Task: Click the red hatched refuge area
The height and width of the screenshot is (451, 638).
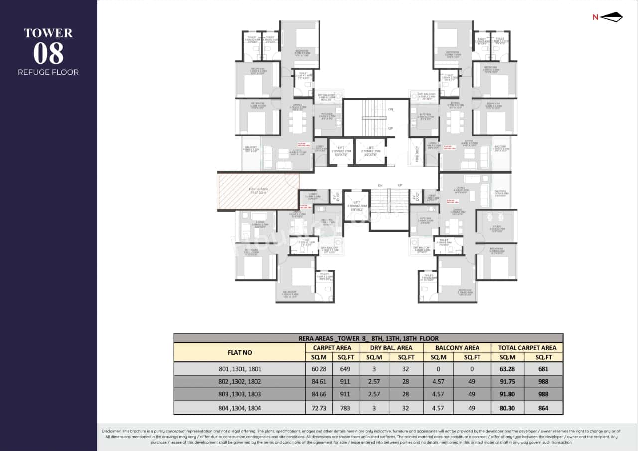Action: tap(259, 191)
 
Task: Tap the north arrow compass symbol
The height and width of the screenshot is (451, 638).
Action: tap(611, 17)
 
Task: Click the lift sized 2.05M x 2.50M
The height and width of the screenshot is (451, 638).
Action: tap(356, 205)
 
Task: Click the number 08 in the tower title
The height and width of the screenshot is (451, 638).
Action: tap(48, 53)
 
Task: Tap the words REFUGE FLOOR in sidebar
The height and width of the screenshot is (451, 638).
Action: tap(48, 72)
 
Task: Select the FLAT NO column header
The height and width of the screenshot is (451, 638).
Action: tap(240, 352)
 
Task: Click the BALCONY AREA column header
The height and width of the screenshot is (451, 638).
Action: tap(457, 348)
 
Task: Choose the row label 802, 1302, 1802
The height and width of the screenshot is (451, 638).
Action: tap(240, 382)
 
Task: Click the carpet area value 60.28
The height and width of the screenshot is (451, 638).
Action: tap(319, 369)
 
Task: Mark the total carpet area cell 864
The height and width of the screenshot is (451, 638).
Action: tap(543, 408)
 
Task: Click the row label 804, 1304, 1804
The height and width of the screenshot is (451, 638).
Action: tap(240, 408)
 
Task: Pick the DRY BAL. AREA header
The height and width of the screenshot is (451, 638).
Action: tap(391, 348)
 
